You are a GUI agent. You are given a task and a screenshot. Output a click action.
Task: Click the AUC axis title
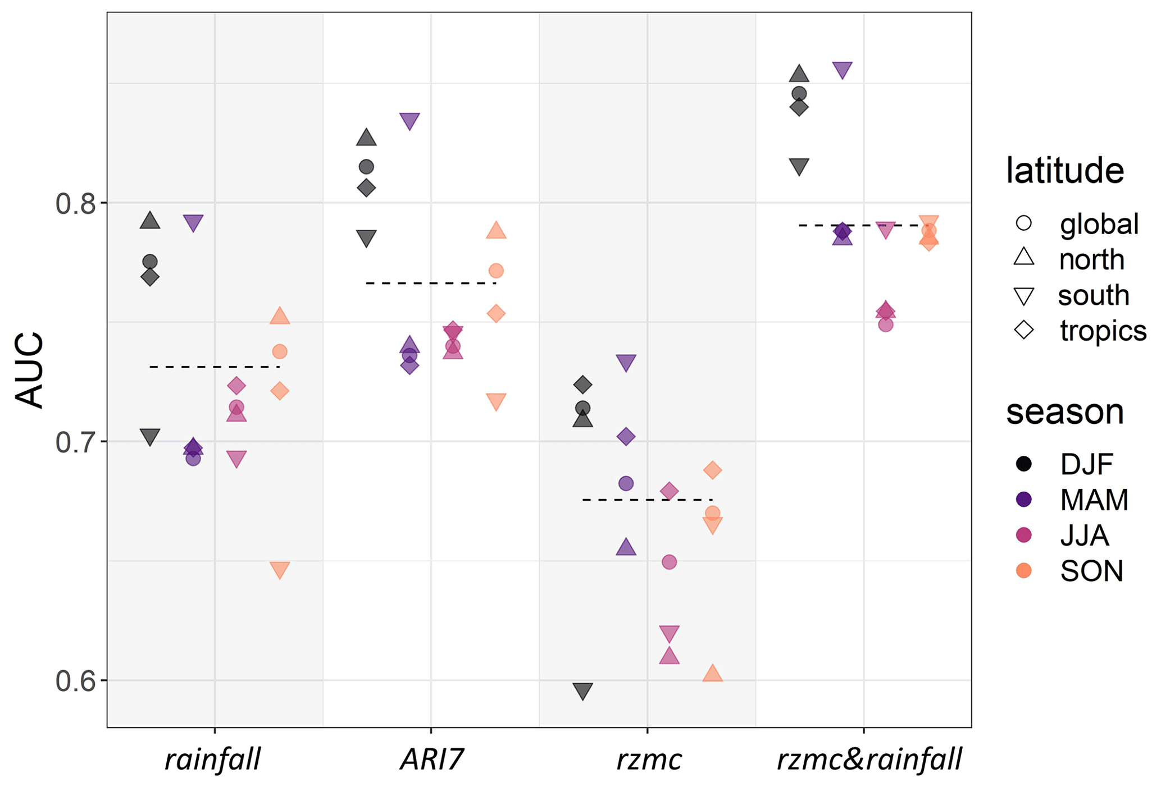click(29, 370)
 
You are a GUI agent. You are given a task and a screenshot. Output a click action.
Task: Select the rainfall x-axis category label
click(213, 760)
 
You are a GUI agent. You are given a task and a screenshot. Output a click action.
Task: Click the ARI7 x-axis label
click(431, 760)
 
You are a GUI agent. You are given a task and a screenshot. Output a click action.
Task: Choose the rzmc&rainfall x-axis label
click(869, 760)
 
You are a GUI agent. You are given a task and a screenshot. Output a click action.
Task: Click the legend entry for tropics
click(1102, 331)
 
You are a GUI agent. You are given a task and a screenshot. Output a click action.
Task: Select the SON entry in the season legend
click(1091, 571)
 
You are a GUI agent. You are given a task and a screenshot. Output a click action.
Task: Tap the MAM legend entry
click(1094, 500)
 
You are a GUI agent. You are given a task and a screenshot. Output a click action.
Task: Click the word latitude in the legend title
click(1065, 171)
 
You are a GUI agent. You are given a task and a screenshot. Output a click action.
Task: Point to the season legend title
click(1065, 412)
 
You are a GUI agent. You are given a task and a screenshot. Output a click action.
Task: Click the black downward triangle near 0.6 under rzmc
click(583, 691)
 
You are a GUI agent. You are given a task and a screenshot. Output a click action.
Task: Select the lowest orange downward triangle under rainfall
click(280, 570)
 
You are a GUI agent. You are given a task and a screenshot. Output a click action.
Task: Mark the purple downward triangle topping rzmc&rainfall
click(843, 70)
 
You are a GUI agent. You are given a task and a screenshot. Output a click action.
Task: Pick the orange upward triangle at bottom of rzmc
click(712, 674)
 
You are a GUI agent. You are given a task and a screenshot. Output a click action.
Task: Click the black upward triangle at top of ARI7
click(366, 138)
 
